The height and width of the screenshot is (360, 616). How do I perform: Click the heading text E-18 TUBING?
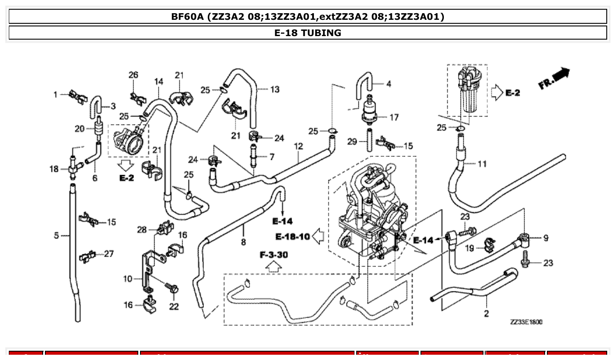(308, 33)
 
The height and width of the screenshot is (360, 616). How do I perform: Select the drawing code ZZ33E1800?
(526, 322)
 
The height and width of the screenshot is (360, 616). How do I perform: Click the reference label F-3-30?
(273, 254)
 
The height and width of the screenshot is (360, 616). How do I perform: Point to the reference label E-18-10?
(293, 237)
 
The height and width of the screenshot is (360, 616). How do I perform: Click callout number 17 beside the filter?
(394, 118)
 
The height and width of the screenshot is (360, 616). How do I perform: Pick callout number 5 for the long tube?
(56, 236)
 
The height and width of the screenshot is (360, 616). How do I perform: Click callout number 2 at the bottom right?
(486, 313)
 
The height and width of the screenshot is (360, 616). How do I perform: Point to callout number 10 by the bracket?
(127, 278)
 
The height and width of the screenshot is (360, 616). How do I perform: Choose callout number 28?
(141, 230)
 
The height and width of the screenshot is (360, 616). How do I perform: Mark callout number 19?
(470, 249)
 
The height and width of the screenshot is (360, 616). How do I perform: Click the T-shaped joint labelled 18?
(73, 168)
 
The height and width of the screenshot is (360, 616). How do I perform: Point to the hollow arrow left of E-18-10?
(318, 237)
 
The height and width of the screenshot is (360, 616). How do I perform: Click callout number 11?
(482, 164)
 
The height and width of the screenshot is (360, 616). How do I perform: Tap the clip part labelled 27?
(87, 255)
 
